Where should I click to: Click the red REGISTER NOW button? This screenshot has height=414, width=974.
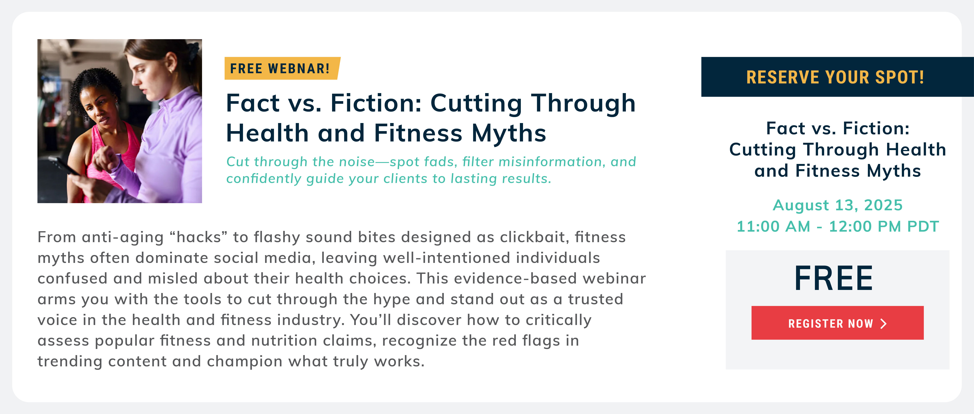837,323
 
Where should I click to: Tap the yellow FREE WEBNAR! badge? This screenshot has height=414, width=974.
282,68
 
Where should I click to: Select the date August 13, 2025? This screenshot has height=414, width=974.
838,205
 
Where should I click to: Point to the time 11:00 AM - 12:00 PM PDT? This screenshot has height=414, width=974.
838,227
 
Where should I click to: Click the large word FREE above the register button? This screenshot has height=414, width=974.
834,278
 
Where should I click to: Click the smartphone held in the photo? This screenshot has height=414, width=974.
64,166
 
